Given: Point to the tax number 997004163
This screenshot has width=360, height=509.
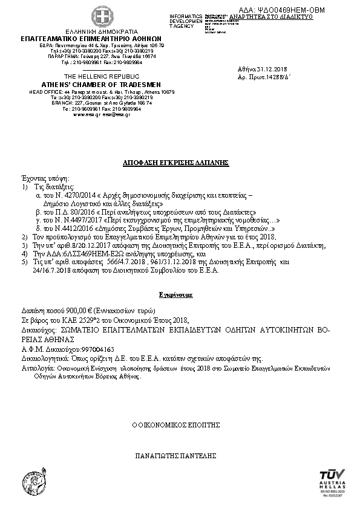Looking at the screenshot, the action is tap(84, 349).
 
